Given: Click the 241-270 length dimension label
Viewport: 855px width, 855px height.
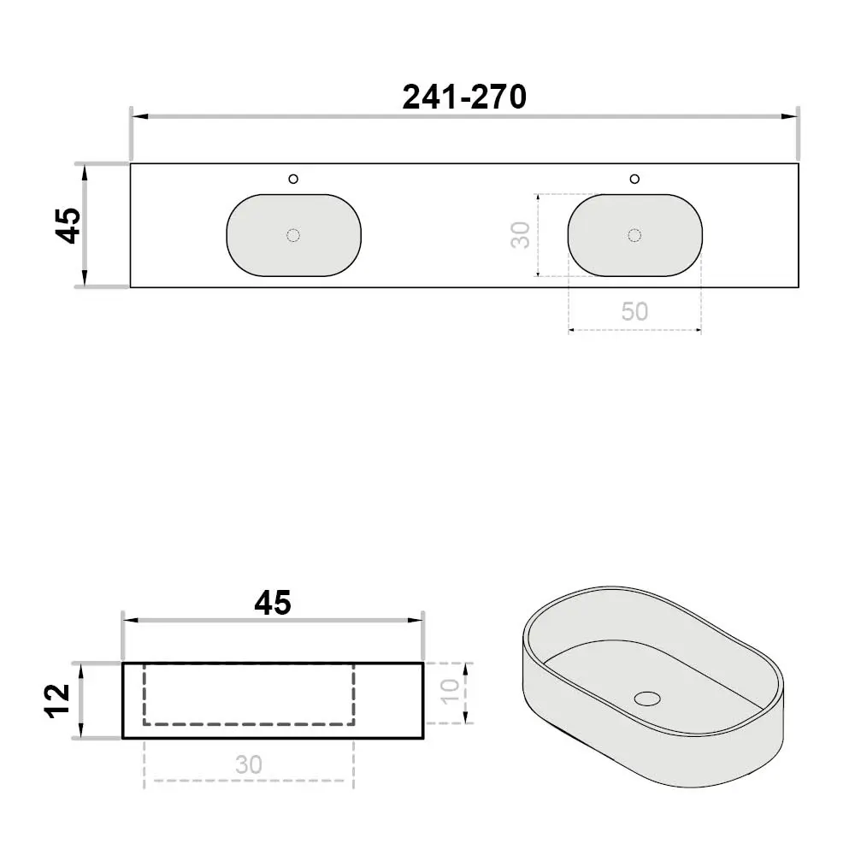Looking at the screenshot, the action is (464, 97).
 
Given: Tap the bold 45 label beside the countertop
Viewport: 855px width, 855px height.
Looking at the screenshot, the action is (68, 225).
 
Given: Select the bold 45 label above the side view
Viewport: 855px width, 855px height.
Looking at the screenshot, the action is (273, 603).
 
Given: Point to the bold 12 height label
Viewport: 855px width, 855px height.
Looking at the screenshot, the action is (57, 701).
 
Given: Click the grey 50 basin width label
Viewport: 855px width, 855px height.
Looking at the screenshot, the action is (634, 311).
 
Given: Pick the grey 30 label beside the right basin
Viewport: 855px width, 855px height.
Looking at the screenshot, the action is (521, 235).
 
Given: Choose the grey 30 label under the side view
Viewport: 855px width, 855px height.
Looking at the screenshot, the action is (249, 765).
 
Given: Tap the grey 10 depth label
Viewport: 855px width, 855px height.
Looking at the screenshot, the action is (450, 692).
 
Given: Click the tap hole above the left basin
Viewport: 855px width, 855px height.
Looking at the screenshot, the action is (293, 179).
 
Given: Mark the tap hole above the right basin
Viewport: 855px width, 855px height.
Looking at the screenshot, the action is (634, 179).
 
